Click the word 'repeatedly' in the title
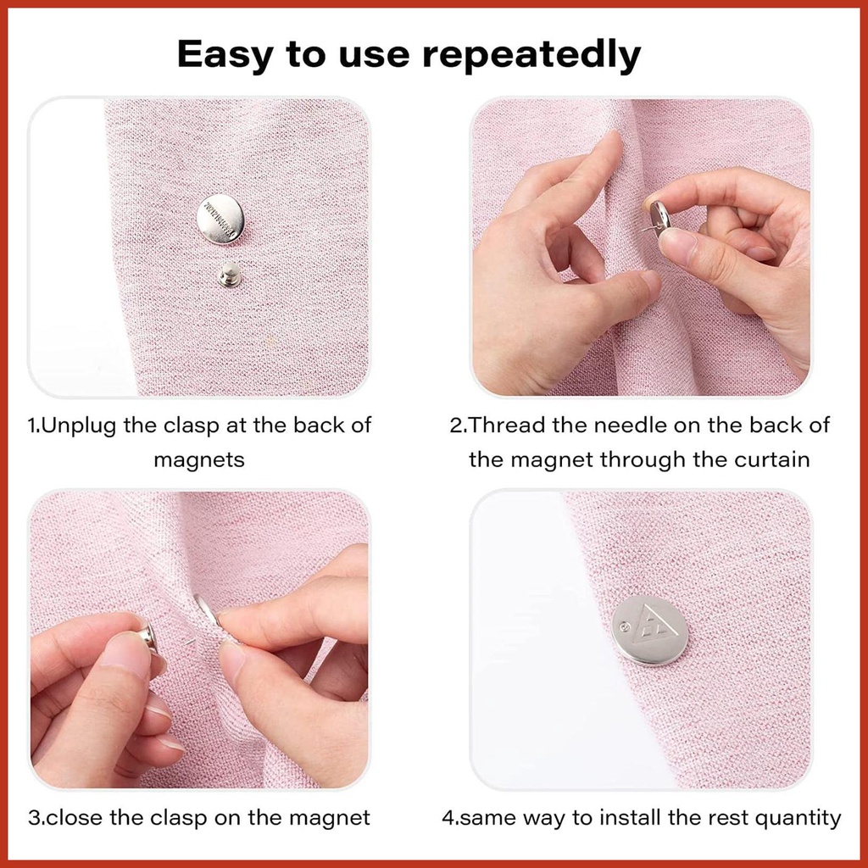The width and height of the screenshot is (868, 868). (531, 54)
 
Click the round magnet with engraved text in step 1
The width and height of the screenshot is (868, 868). (220, 220)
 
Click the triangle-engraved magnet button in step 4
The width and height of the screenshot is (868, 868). (650, 631)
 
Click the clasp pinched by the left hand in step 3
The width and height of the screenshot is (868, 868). (148, 635)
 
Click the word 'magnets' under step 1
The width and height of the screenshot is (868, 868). (199, 460)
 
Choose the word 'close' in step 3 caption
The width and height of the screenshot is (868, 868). (75, 818)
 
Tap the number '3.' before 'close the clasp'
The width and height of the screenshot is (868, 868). (36, 818)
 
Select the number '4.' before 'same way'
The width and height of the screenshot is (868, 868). (450, 818)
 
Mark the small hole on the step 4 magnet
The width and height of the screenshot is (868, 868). (626, 626)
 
